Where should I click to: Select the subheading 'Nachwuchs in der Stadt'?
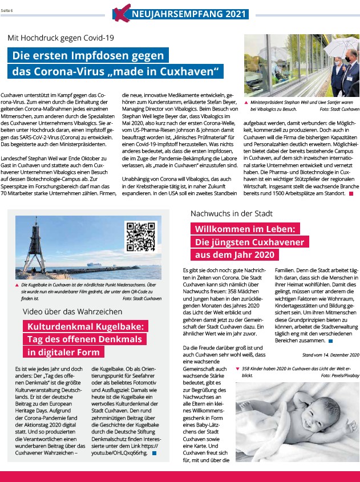point(232,213)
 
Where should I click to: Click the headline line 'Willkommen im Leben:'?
point(244,229)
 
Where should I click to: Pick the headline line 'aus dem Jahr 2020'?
point(234,255)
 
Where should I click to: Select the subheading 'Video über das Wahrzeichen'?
point(72,311)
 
